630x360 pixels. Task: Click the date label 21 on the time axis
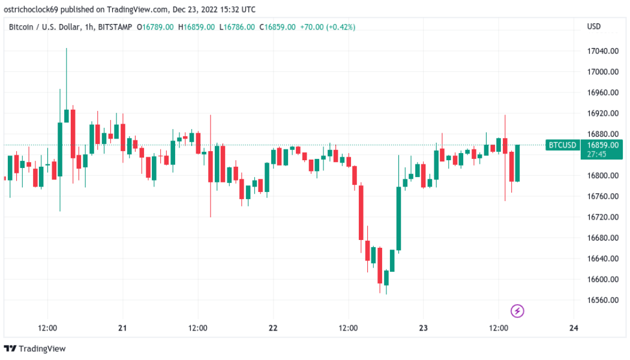(122, 328)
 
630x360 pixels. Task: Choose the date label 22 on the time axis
(273, 328)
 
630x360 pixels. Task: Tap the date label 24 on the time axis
(574, 328)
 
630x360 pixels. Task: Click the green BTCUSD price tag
(562, 145)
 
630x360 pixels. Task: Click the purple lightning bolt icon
(517, 311)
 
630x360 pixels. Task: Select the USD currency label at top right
(594, 27)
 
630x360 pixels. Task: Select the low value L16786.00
(238, 27)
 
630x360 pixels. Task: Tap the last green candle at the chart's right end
(517, 163)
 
